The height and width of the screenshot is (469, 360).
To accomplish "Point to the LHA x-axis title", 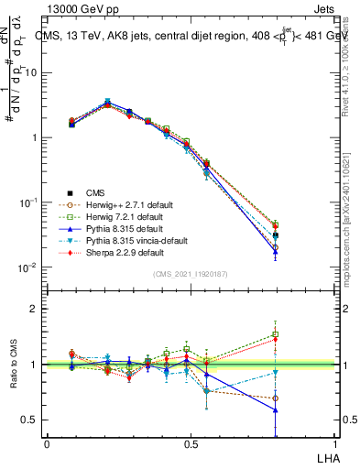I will coord(330,457).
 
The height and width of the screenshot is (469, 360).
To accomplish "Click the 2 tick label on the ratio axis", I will coord(34,309).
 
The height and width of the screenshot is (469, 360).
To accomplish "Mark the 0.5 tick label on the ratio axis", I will coord(29,420).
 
